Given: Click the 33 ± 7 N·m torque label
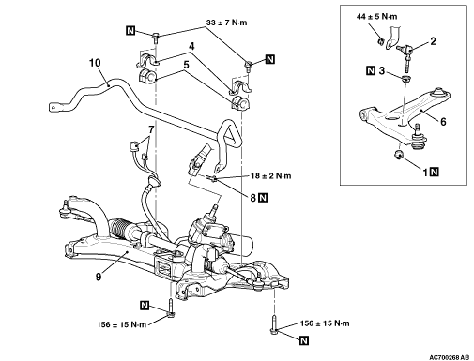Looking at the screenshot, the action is coord(226,23).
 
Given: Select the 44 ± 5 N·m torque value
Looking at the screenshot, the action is coord(376,16).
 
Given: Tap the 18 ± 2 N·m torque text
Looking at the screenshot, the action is coord(270,176).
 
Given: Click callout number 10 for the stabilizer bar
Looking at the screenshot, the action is coord(95,63).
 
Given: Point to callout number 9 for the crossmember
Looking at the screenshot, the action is coord(99,277).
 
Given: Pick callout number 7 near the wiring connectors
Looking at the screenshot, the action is coord(151,129).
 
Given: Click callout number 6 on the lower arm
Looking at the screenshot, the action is coord(443,121).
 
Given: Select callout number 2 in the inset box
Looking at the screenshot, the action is coord(433,41).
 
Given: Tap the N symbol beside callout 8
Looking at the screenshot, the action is coord(263,198).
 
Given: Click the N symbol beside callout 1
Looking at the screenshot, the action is coord(435,172).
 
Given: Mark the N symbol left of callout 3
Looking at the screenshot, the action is coord(371,70).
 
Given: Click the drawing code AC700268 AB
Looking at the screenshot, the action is coord(449,357).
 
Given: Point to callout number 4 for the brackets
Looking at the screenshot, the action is coord(191,46).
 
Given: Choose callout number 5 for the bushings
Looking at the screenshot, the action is coord(186,65).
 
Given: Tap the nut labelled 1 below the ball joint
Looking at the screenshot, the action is coord(399,154).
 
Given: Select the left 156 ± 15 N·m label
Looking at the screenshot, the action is coord(121,324).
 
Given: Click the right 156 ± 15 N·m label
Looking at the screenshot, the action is coord(325,323).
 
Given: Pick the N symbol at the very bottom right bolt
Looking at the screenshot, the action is coord(304,340).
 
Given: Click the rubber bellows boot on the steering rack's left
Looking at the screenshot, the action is coord(119,230).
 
